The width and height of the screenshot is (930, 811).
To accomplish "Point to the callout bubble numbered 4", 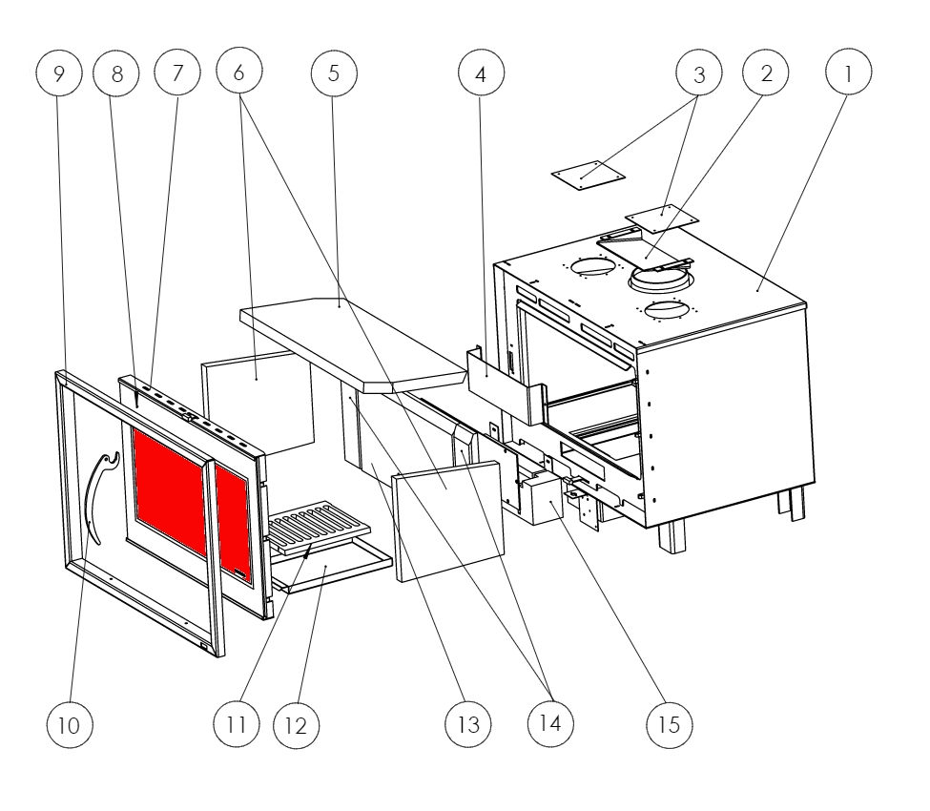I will coord(481,74).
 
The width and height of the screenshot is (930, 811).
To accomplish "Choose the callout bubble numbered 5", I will coord(334,74).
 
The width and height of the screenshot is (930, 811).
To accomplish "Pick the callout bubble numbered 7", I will coord(178,74).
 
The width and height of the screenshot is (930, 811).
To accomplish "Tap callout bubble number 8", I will coord(117,74).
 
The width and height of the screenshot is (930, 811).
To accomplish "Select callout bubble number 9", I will coord(59,74).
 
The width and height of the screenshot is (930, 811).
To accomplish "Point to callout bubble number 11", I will coord(238,724).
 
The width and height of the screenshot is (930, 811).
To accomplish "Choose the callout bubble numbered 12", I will coord(297,724).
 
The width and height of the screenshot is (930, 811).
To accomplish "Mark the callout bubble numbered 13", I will coord(468,724).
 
